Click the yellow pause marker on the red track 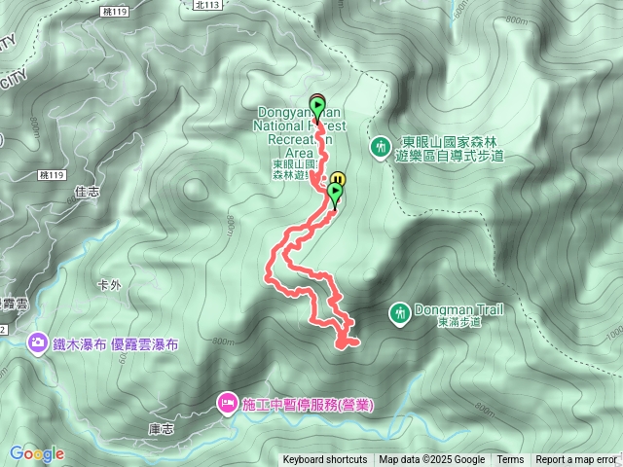[x=338, y=180]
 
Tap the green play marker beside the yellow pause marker [x=336, y=194]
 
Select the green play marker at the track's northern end [x=317, y=104]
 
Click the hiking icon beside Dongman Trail [x=398, y=314]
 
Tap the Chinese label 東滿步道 [x=459, y=322]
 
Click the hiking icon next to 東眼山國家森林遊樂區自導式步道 [x=379, y=148]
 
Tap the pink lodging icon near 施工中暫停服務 [x=227, y=402]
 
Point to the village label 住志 [x=87, y=193]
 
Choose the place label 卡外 [x=109, y=285]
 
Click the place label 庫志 [x=161, y=429]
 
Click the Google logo [x=37, y=453]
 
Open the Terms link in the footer [x=510, y=460]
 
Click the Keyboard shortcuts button [x=325, y=460]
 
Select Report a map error [x=576, y=460]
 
